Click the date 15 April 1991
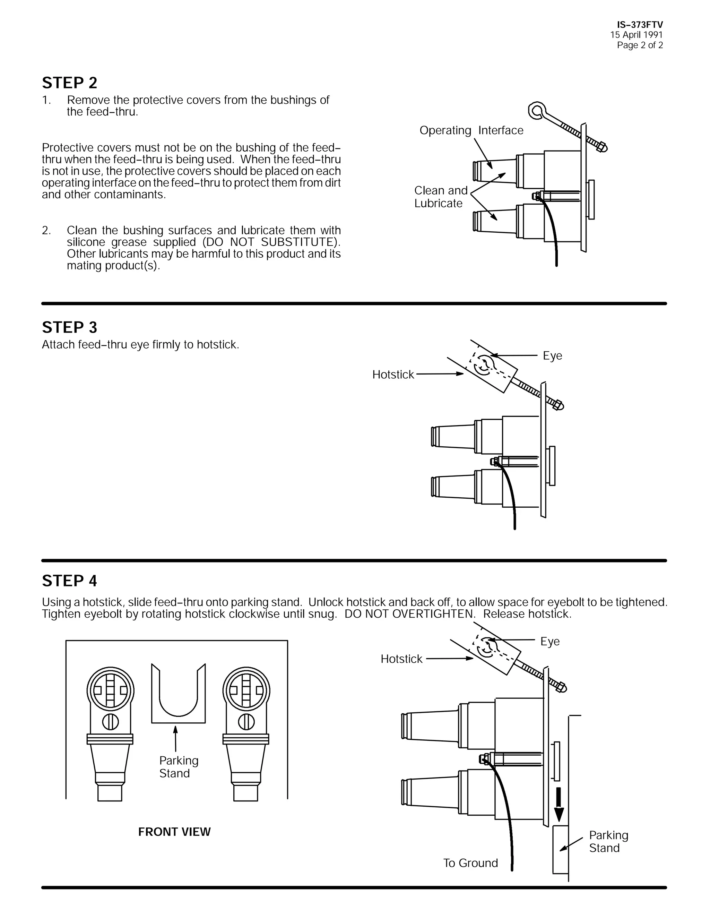[x=637, y=35]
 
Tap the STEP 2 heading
[x=69, y=83]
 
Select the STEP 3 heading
[x=69, y=327]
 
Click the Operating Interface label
[x=471, y=130]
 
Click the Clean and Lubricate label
[x=440, y=197]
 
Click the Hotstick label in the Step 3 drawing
[x=393, y=375]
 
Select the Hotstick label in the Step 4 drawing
[x=401, y=659]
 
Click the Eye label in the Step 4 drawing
[x=550, y=642]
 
